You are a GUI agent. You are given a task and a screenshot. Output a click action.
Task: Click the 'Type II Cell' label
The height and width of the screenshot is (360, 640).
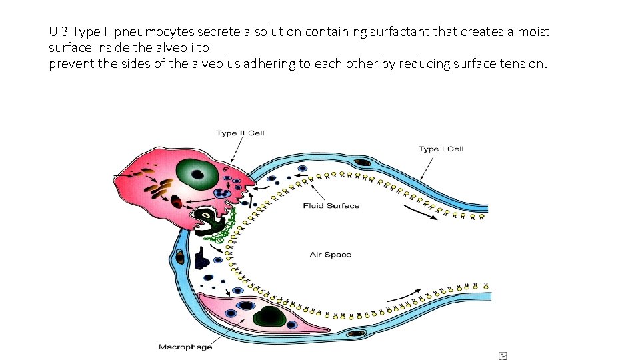[x=240, y=133]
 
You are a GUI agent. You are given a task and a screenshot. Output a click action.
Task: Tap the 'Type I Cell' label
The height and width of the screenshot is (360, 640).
[x=441, y=149]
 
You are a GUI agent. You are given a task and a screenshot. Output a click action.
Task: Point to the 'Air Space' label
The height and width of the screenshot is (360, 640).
[x=330, y=255]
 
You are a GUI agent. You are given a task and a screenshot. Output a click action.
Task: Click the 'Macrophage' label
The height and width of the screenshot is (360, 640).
[x=185, y=347]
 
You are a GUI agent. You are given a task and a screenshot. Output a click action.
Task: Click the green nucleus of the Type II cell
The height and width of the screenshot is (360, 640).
[x=197, y=175]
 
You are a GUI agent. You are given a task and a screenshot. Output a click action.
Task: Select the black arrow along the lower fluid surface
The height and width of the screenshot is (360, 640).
[x=403, y=295]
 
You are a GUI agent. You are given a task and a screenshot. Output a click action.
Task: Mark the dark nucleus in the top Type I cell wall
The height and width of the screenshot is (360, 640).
[x=363, y=162]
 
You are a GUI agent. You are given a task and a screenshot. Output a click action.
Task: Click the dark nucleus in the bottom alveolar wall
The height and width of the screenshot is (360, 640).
[x=357, y=333]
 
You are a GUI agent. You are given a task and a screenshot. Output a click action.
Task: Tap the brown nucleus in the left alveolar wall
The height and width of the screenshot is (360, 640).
[x=179, y=255]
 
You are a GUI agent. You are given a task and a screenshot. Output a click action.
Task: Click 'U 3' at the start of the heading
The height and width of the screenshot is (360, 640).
[x=58, y=31]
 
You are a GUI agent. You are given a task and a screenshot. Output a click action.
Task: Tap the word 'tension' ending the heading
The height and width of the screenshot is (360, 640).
[x=523, y=65]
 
